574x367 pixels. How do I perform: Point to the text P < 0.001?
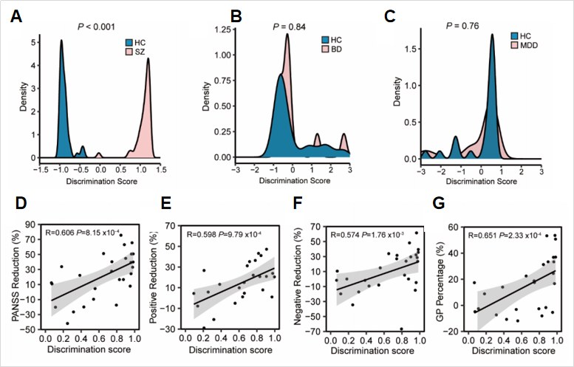(x=100, y=27)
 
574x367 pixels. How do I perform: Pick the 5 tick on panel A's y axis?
(x=31, y=44)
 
